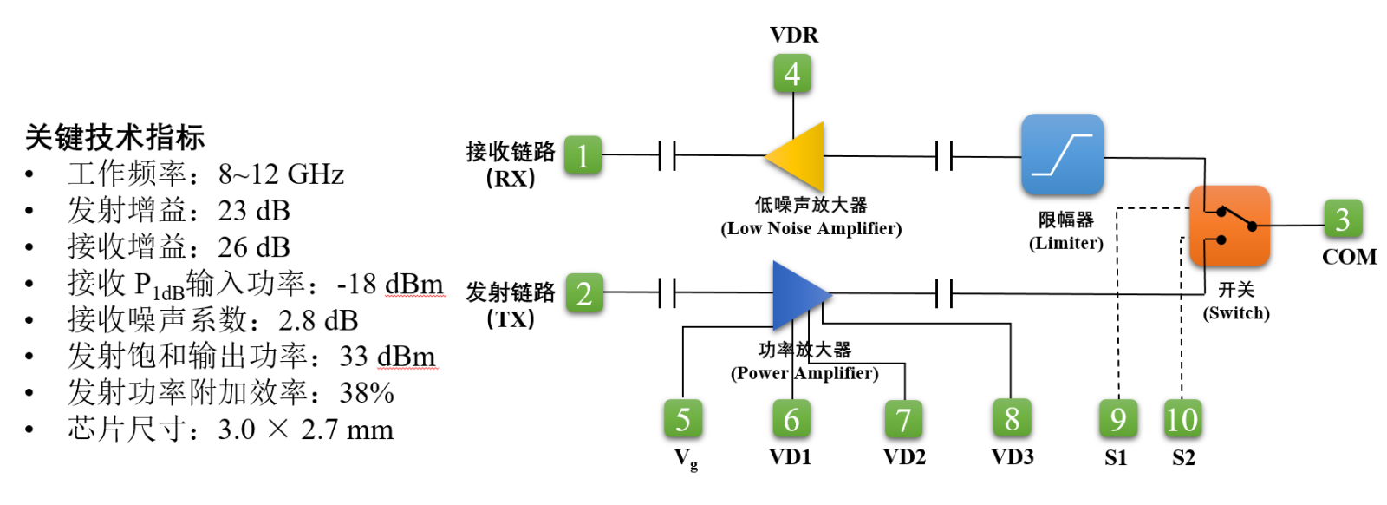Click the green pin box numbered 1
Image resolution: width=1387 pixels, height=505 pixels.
coord(583,156)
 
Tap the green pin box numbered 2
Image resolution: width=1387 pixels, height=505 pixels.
coord(584,293)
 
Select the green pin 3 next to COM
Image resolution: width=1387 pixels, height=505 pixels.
coord(1342,220)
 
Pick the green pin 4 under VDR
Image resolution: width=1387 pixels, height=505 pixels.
coord(792,74)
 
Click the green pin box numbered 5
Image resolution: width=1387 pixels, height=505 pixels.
coord(683,419)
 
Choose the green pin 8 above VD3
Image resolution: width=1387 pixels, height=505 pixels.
coord(1012,419)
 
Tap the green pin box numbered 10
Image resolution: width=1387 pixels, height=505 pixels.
coord(1182,419)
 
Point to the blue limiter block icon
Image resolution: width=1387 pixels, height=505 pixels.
coord(1062,154)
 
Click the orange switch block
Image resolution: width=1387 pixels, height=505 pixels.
coord(1229,226)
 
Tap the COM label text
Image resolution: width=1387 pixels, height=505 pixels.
coord(1349,257)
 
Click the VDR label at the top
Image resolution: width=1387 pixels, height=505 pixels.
coord(794,35)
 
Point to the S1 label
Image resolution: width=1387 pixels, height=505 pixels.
coord(1117,457)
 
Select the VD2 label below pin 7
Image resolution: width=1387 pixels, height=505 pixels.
coord(904,456)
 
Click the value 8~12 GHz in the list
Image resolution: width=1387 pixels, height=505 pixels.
coord(281,174)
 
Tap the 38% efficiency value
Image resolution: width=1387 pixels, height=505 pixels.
coord(367,393)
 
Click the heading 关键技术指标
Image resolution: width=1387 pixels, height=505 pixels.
coord(114,137)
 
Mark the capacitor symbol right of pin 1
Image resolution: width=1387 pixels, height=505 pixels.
coord(667,156)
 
